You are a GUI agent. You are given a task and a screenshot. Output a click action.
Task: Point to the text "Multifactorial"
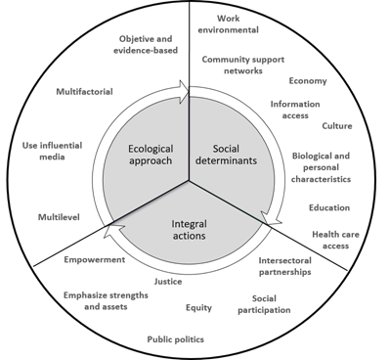(84, 92)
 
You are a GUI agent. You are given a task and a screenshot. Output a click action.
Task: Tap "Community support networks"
(243, 67)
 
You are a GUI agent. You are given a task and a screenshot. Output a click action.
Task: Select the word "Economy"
(308, 81)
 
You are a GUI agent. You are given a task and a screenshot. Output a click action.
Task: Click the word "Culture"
(337, 126)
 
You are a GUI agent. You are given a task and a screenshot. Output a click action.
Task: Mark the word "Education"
(328, 207)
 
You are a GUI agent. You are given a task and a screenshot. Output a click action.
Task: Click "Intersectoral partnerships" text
(285, 266)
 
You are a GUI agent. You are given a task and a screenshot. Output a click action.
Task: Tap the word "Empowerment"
(94, 260)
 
